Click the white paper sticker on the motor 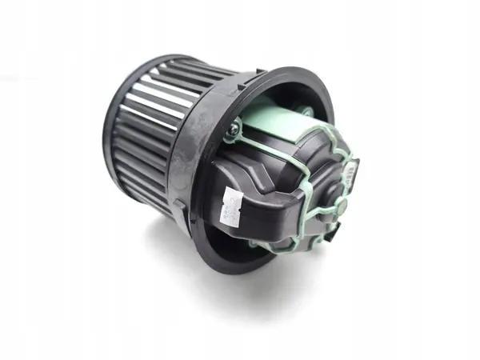click(232, 206)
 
